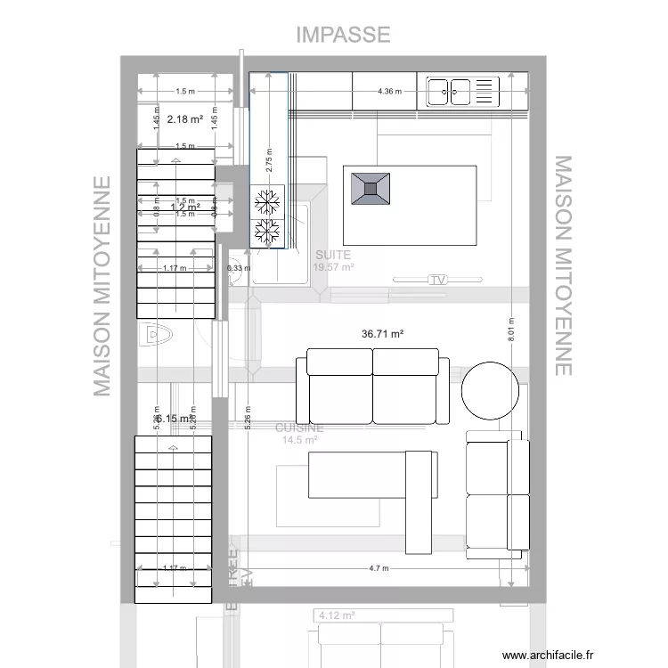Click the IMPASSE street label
343,35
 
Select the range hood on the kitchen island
371,188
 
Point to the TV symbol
436,280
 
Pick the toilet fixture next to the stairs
158,336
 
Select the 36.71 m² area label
383,334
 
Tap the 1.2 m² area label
185,207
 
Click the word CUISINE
299,428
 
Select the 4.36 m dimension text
389,91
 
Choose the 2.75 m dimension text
269,159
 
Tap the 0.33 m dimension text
239,267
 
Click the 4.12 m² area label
336,615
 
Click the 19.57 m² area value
333,266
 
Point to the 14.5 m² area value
299,439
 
